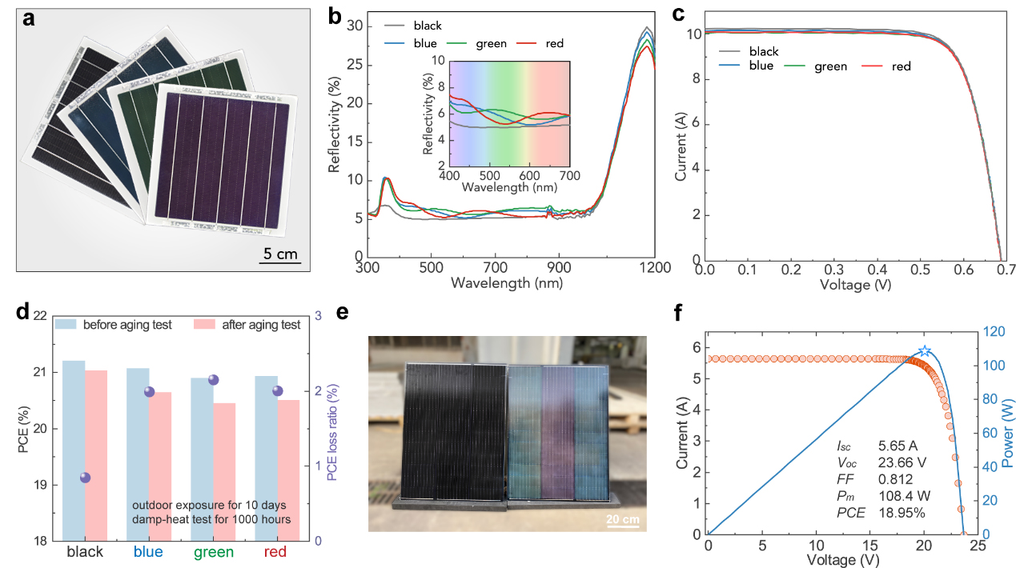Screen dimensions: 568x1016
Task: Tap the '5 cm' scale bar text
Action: [x=280, y=254]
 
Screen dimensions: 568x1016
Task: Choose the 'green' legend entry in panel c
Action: [x=830, y=66]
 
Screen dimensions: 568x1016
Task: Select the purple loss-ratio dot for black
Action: [x=85, y=478]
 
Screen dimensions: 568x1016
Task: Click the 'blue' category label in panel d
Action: [x=149, y=552]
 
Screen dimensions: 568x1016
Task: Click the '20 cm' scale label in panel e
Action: [x=621, y=519]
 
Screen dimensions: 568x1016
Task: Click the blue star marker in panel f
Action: [x=925, y=351]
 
